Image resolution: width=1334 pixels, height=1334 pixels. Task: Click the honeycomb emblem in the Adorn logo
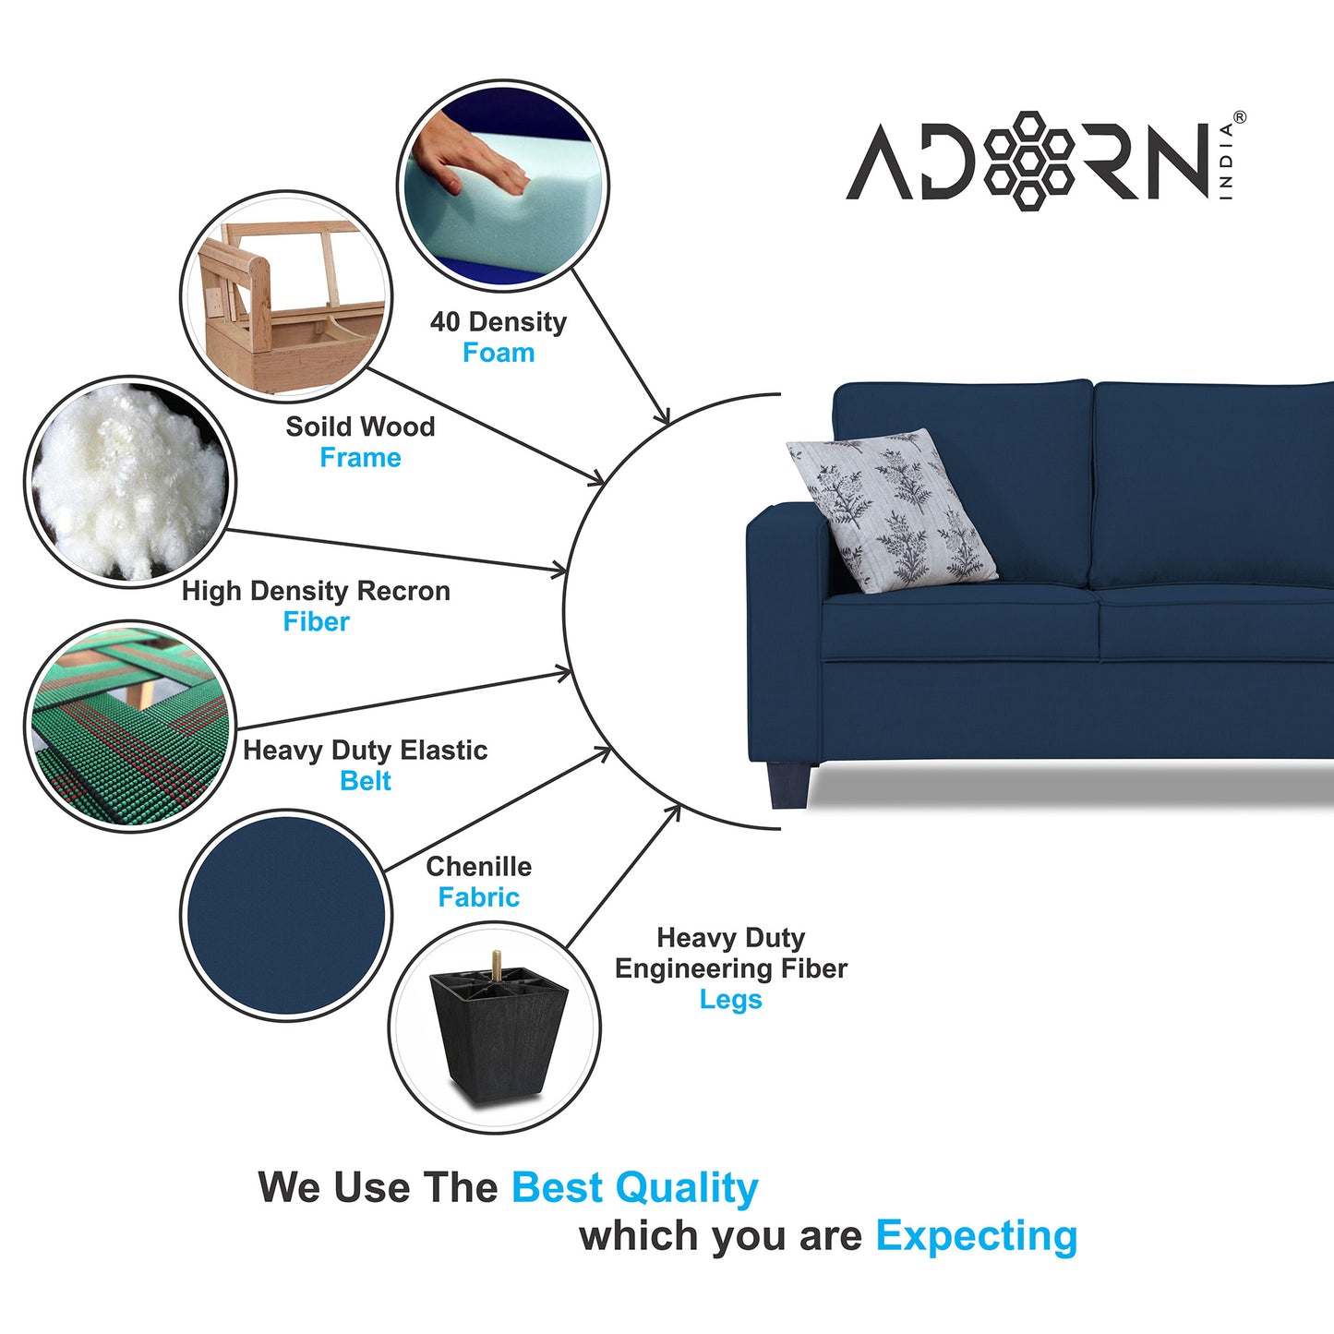coord(1028,161)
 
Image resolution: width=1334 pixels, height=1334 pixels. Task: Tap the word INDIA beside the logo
coord(1226,162)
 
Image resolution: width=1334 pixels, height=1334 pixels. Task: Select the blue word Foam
coord(499,353)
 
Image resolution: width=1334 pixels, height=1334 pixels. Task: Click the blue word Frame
coord(361,458)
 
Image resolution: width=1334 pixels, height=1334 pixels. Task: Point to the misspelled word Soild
coord(318,427)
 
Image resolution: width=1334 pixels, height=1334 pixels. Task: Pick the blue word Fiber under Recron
coord(317,621)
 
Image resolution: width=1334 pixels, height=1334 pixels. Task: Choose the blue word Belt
coord(366,781)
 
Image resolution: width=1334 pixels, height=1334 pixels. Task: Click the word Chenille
coord(479,867)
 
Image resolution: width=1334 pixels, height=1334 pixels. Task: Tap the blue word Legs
coord(731,1001)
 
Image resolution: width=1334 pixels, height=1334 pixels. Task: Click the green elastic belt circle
coord(130,727)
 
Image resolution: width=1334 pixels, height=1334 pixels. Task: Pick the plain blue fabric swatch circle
coord(286,915)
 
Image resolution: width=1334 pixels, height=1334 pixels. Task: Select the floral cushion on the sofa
coord(892,511)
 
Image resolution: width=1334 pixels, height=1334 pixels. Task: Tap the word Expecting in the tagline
coord(977,1239)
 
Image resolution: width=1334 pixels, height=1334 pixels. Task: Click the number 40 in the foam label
coord(445,322)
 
